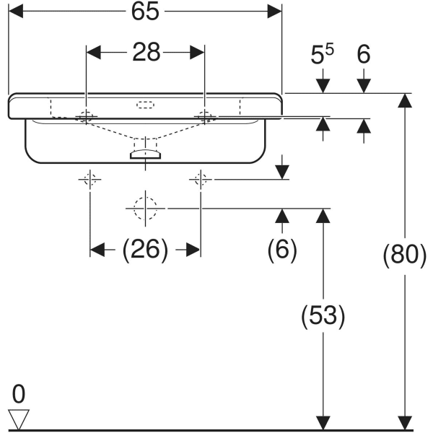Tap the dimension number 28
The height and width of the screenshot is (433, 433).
click(146, 53)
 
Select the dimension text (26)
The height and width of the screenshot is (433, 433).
click(145, 250)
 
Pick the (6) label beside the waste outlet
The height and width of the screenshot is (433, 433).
click(282, 250)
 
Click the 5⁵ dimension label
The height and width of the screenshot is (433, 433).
click(323, 56)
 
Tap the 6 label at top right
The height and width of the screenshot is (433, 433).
click(363, 56)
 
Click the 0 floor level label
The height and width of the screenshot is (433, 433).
click(18, 394)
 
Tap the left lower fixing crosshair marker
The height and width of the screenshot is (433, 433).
click(90, 179)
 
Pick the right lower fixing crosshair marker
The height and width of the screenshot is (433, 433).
click(201, 179)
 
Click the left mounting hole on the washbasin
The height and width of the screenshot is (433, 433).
click(87, 116)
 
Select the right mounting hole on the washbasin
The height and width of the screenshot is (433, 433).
click(205, 115)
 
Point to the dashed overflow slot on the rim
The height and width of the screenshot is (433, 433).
click(145, 104)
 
